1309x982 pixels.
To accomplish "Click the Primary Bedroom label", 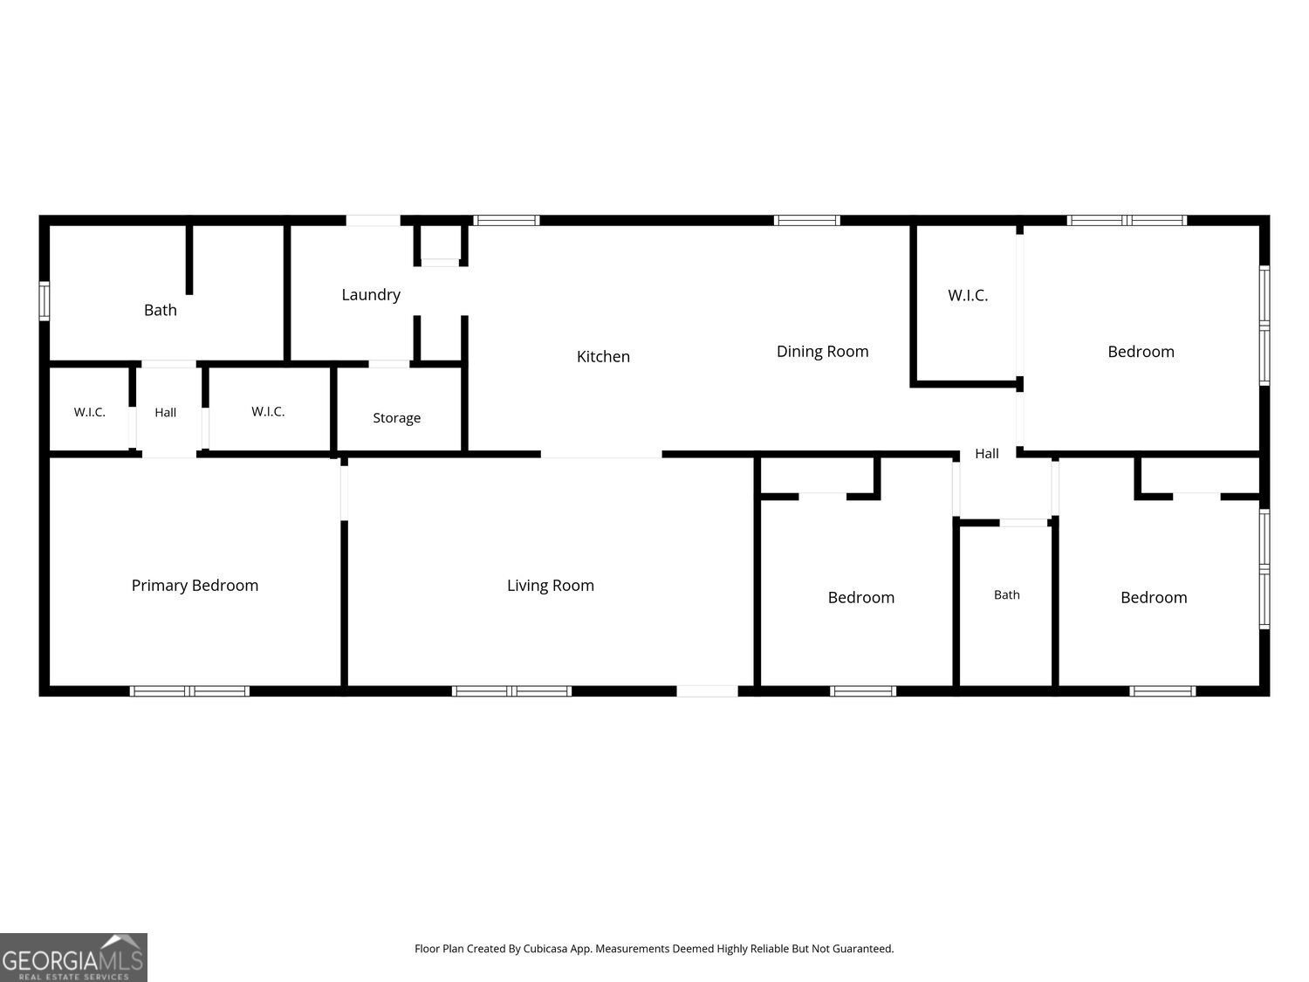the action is [195, 586].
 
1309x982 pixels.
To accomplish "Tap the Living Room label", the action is [551, 586].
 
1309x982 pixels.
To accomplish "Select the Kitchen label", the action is [603, 356].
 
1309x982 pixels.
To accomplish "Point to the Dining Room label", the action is [822, 352].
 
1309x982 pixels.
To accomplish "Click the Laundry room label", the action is [371, 295].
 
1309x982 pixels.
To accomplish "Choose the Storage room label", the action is [396, 419].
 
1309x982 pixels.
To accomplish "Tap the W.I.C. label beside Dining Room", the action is [968, 295].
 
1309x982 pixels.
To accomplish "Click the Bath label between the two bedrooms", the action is [1007, 594].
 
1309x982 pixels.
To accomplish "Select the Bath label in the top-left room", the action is [161, 310].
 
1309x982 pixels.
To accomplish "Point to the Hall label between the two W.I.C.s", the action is [165, 412].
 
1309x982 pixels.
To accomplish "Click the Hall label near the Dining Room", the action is [986, 454].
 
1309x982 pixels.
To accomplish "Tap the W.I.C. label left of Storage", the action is [268, 411].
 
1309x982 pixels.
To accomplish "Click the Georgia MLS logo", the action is [73, 957].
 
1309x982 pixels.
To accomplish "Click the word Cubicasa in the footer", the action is [545, 948].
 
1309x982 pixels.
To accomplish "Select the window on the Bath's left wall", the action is [45, 301].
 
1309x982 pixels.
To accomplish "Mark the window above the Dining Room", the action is [807, 220].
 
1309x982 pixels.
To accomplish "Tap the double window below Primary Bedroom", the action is [189, 691].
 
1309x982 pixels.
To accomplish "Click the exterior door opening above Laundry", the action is [374, 220].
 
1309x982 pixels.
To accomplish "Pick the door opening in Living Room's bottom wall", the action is [707, 691].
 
